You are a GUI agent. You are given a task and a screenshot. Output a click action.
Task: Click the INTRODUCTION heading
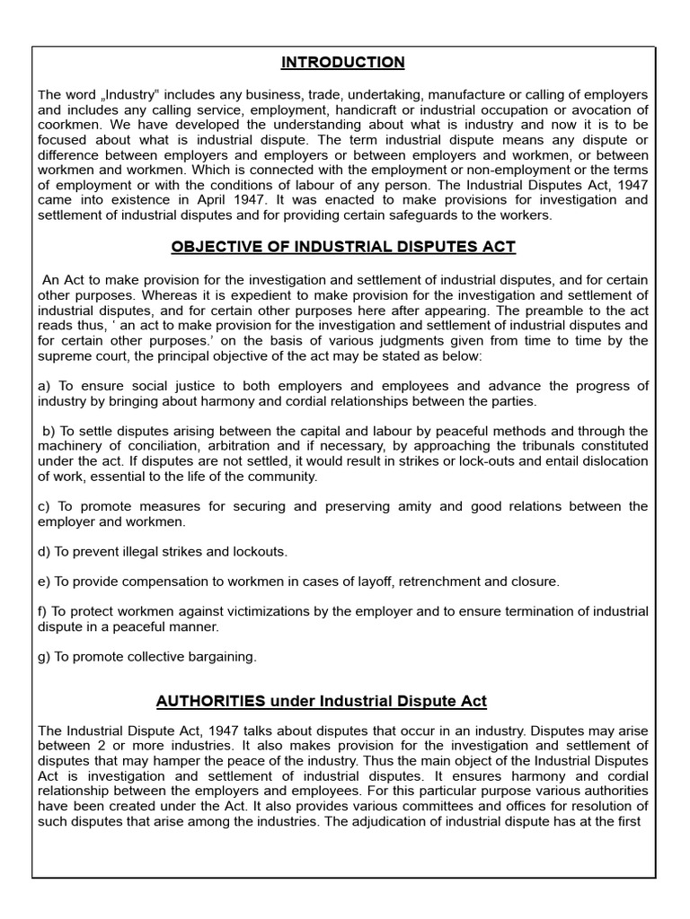click(342, 62)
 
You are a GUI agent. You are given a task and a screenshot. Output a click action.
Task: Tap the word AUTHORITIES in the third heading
click(210, 700)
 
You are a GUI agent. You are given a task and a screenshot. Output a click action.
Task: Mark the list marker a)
click(44, 386)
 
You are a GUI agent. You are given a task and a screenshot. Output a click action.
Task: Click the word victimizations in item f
click(237, 611)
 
